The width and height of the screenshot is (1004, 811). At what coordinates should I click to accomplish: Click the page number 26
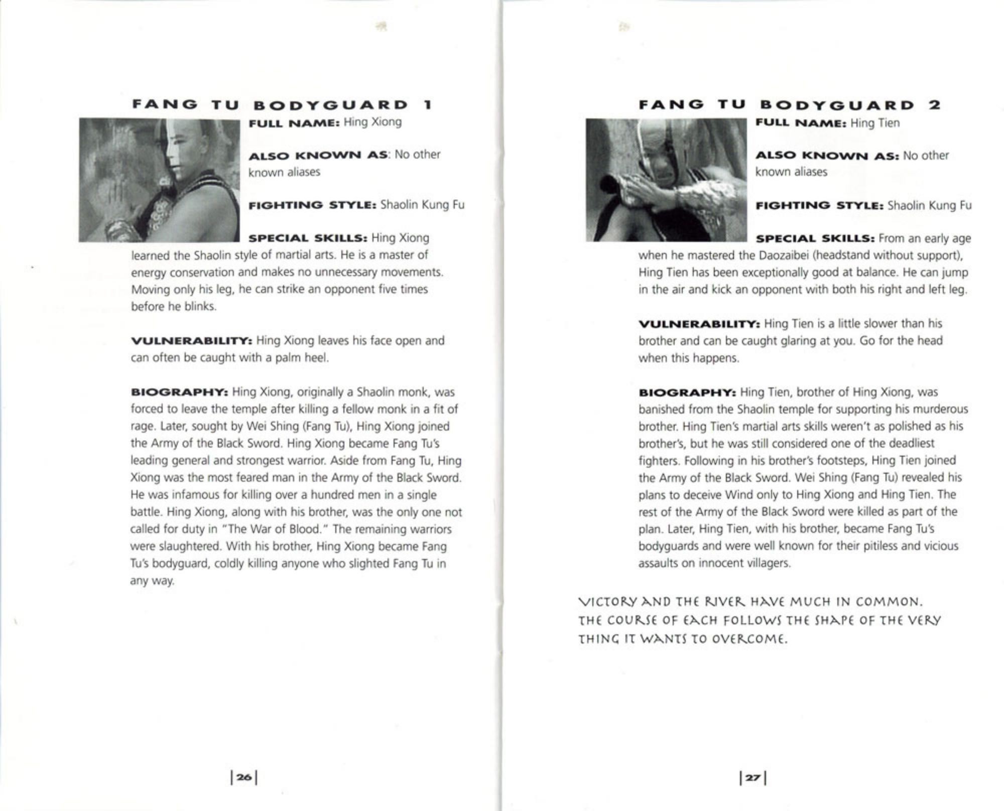tap(244, 777)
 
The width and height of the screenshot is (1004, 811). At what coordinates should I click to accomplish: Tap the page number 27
tap(752, 777)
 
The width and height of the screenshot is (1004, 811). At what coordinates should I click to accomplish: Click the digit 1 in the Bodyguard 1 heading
tap(428, 105)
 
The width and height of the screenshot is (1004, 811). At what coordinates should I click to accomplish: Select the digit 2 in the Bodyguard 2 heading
tap(934, 105)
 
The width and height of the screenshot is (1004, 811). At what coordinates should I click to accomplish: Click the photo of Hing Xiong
tap(159, 180)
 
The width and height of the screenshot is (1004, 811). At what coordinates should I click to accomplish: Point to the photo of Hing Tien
tap(666, 180)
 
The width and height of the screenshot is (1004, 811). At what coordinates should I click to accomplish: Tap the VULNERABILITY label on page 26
tap(191, 341)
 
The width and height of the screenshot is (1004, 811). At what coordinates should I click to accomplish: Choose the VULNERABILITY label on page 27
tap(699, 324)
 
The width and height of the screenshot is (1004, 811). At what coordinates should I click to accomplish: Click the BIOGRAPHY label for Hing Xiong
tap(179, 392)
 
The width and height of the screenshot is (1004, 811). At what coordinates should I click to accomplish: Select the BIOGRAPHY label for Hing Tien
tap(687, 392)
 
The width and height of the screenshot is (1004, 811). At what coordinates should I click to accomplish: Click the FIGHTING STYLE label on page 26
tap(312, 205)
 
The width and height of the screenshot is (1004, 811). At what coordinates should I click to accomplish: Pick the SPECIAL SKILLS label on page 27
tap(815, 238)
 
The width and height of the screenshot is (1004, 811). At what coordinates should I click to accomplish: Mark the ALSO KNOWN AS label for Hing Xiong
tap(318, 155)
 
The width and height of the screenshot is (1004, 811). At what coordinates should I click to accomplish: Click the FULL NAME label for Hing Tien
tap(801, 123)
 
